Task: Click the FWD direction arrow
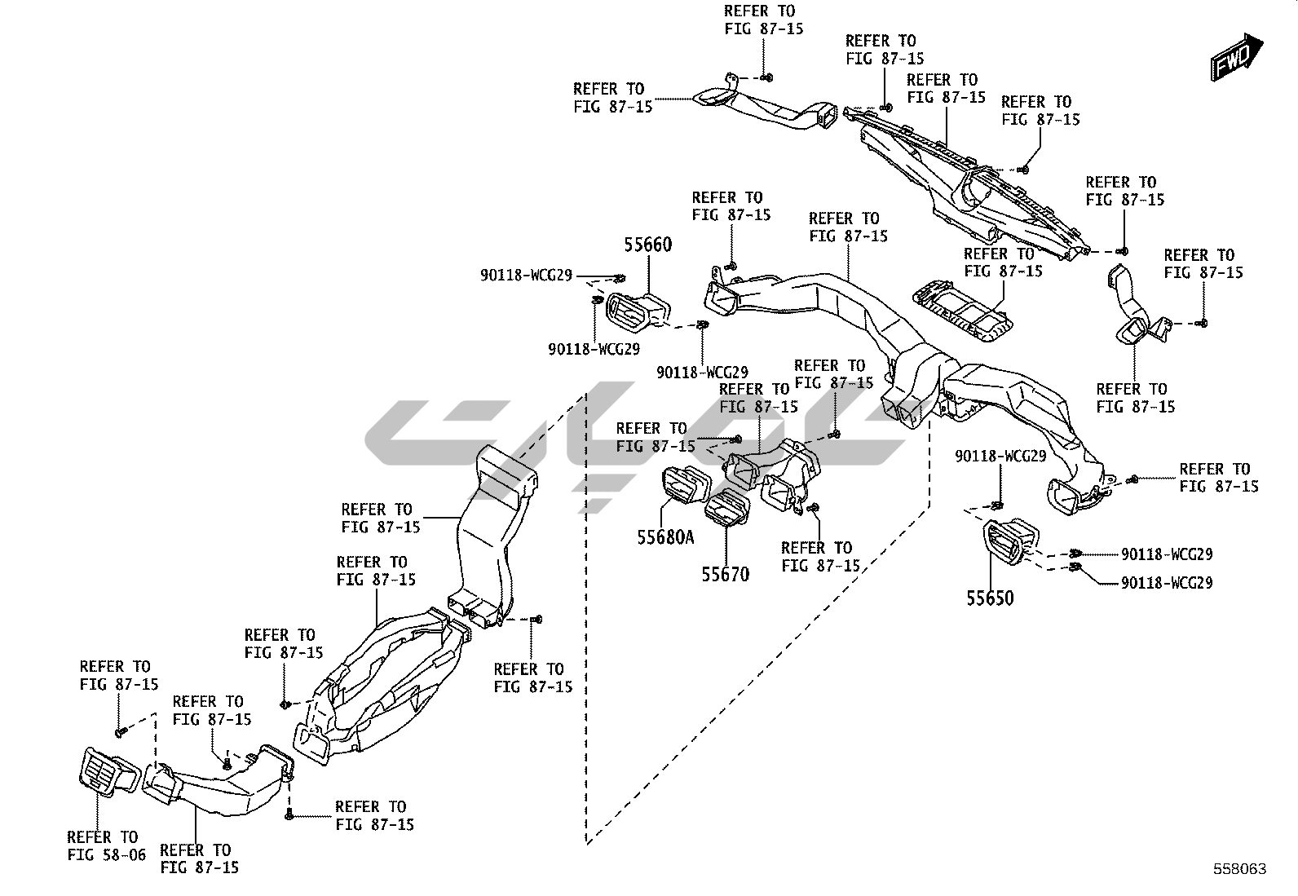(x=1236, y=56)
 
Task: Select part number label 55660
(x=648, y=244)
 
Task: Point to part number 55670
(x=725, y=574)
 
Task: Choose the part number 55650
(x=990, y=598)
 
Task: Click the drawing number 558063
(x=1238, y=869)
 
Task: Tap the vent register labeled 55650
(x=1011, y=540)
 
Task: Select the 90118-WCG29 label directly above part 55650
(x=1000, y=456)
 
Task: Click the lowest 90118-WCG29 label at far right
(x=1166, y=583)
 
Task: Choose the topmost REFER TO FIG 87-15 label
(x=764, y=20)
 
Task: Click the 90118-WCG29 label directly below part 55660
(x=594, y=349)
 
